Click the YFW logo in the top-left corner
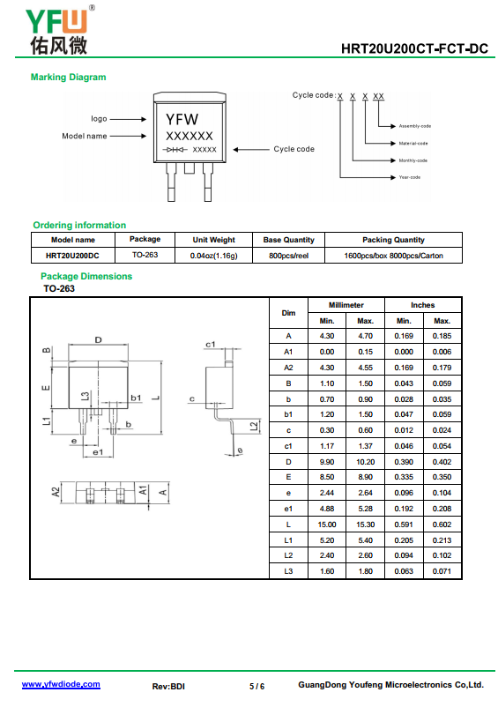point(58,31)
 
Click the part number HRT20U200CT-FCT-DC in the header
point(414,48)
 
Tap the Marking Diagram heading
point(69,77)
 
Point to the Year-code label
point(409,177)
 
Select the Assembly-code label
point(414,126)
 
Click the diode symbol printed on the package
point(175,149)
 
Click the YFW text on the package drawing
point(182,119)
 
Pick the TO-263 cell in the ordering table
point(145,255)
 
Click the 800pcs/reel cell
point(288,256)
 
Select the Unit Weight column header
point(213,240)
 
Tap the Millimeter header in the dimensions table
point(346,305)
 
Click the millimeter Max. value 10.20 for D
point(365,462)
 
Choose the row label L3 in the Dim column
point(288,571)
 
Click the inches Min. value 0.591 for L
point(404,525)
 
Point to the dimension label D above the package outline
point(98,340)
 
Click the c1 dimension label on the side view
point(211,345)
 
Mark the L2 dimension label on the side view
point(255,426)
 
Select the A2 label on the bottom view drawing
point(56,492)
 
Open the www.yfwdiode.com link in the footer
point(61,684)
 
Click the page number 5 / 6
point(256,686)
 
